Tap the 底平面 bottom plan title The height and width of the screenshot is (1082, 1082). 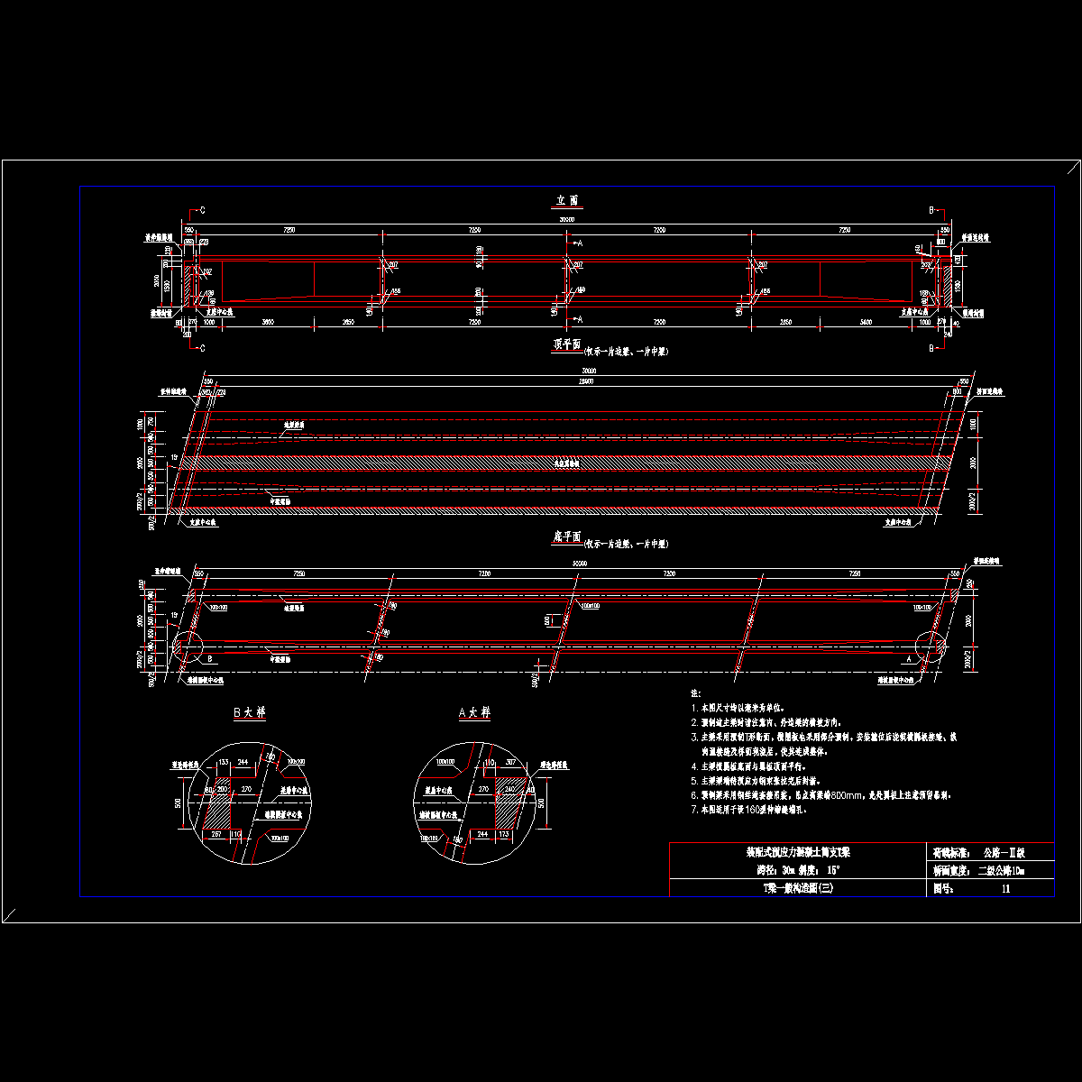(566, 539)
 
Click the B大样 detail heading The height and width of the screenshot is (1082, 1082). (249, 712)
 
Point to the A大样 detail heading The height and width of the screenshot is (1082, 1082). (474, 712)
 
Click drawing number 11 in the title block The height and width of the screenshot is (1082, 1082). (1006, 888)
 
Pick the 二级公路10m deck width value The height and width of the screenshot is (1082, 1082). (1002, 871)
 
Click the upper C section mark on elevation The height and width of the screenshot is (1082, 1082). (202, 210)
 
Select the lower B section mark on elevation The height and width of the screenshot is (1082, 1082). (931, 347)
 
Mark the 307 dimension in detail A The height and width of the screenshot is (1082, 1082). (511, 763)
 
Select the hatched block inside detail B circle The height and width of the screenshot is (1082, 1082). (220, 807)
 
